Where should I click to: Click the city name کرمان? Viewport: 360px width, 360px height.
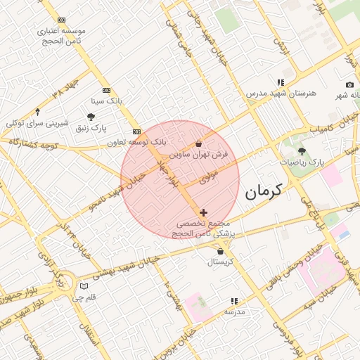click(x=264, y=190)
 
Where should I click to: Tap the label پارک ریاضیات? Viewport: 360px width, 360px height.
click(x=303, y=162)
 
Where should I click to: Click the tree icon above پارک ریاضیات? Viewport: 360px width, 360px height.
click(x=302, y=151)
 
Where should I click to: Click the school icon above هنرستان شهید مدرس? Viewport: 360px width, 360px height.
click(x=281, y=83)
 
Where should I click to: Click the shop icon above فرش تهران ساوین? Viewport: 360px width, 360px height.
click(x=198, y=144)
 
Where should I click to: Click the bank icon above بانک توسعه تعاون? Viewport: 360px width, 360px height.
click(x=136, y=131)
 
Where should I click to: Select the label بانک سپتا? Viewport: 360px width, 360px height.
click(x=106, y=101)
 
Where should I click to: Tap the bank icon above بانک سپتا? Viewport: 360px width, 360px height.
click(x=106, y=90)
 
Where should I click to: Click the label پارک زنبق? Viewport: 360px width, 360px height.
click(x=91, y=127)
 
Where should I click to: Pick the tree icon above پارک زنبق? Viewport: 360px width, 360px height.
click(x=91, y=117)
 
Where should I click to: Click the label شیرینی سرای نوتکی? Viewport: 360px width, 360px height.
click(x=37, y=123)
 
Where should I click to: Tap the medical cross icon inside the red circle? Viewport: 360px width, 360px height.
click(x=204, y=212)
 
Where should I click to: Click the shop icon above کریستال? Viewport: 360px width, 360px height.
click(x=221, y=251)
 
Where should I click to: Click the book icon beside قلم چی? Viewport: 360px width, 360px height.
click(x=85, y=287)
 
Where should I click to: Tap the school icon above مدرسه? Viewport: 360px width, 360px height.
click(x=234, y=301)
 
